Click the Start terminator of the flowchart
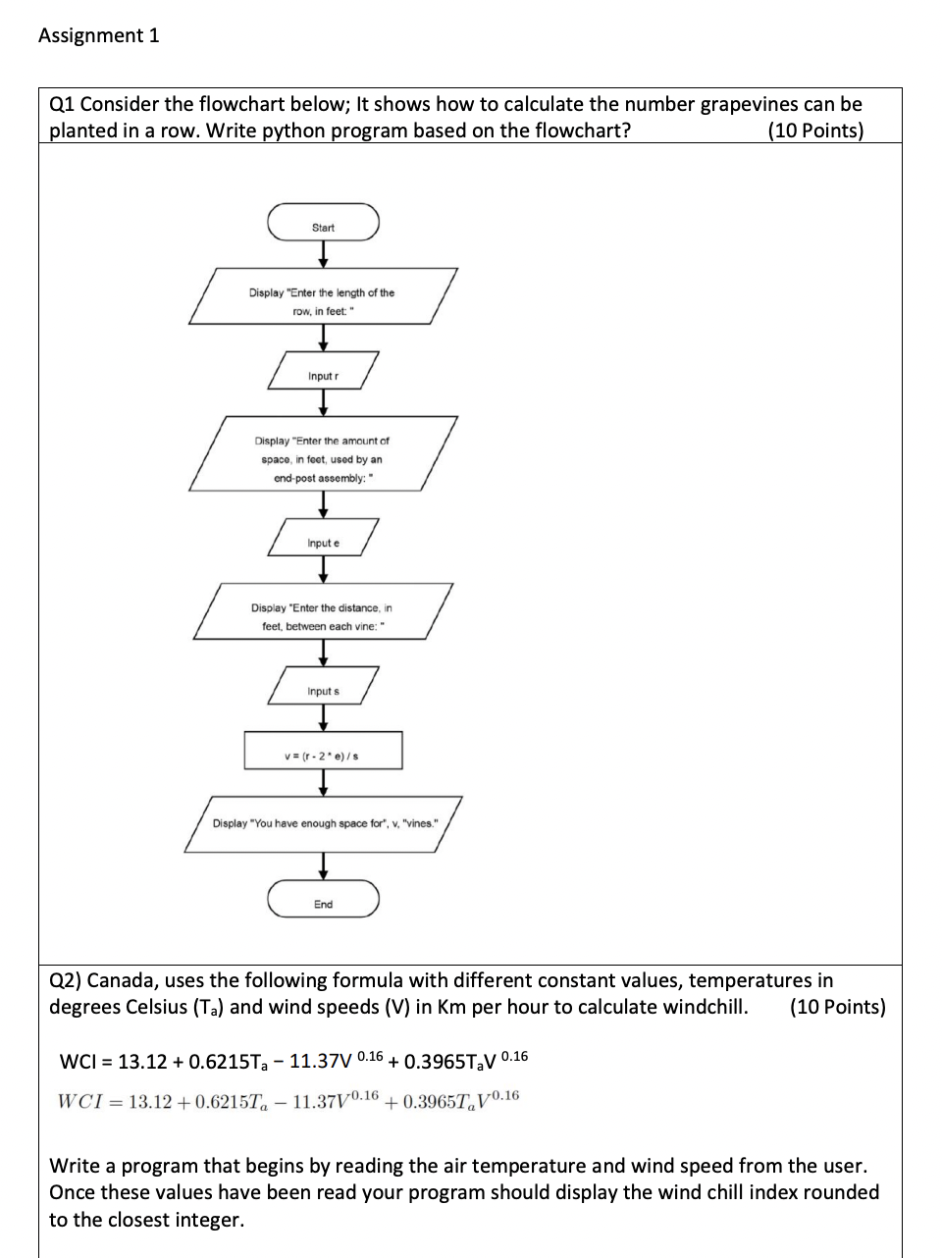tap(323, 223)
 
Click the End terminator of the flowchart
tap(323, 899)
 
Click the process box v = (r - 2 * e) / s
tap(323, 751)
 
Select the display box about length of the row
tap(323, 296)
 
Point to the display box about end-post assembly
tap(323, 454)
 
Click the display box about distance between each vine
tap(323, 612)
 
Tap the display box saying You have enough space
tap(323, 824)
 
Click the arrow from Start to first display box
tap(323, 253)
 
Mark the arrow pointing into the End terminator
tap(323, 865)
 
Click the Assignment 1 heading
tap(98, 35)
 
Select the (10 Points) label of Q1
tap(815, 131)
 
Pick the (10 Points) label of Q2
tap(837, 1007)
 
